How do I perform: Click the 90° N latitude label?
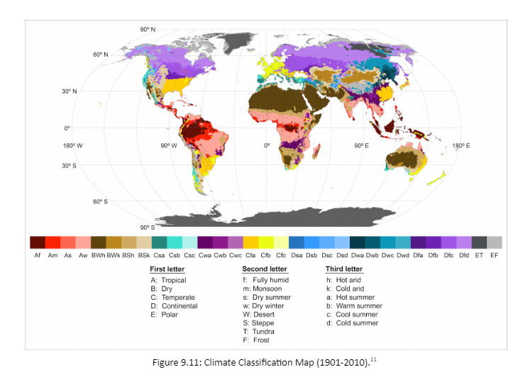point(147,29)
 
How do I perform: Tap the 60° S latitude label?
point(99,201)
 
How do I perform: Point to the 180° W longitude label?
point(72,146)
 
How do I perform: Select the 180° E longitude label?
point(460,146)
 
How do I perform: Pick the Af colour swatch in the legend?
point(37,242)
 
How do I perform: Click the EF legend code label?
point(495,255)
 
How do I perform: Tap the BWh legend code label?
point(98,255)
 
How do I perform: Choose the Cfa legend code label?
point(250,255)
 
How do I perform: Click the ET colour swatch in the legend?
point(479,242)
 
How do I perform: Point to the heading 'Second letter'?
point(265,269)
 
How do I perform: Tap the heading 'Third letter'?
point(343,269)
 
